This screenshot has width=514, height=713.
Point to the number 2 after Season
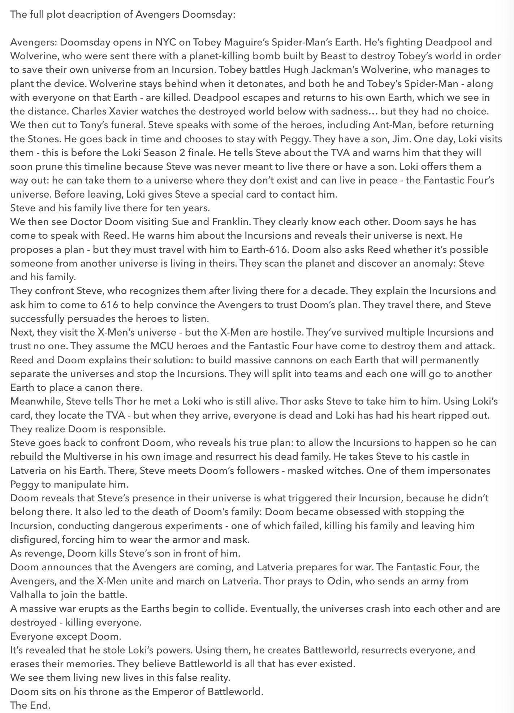186,153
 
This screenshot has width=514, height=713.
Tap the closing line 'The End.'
30,705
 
